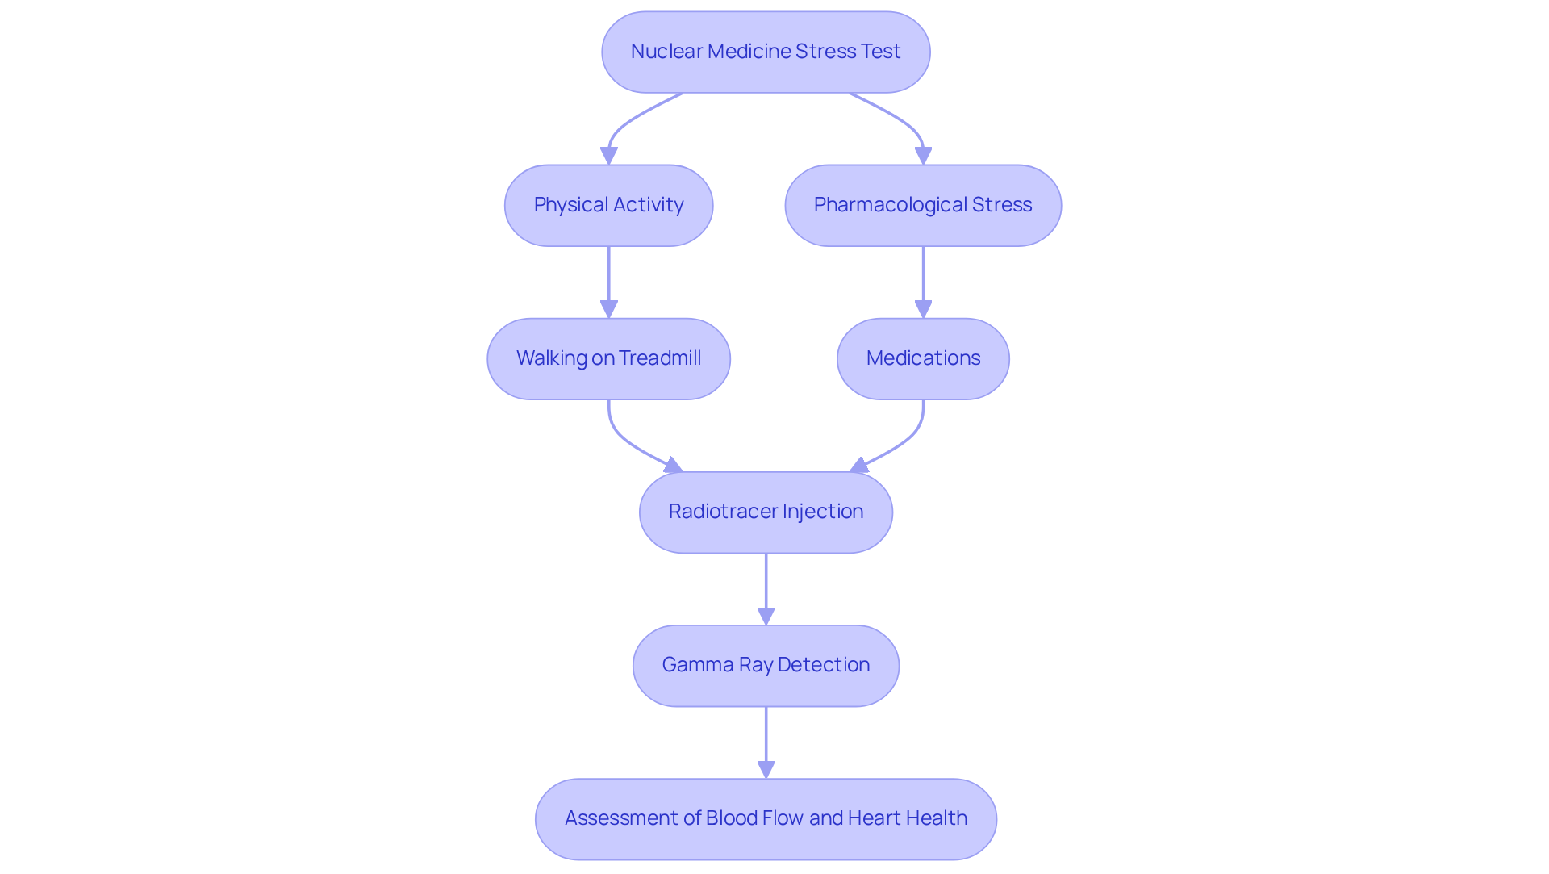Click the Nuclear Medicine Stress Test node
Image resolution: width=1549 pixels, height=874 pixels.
coord(766,52)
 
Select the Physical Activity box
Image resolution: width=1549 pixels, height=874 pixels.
coord(608,205)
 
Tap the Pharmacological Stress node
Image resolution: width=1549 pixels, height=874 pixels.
coord(923,205)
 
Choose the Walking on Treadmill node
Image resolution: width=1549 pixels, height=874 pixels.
coord(608,358)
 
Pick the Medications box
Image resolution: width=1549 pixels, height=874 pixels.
coord(923,358)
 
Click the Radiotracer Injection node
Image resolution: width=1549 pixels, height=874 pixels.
coord(766,512)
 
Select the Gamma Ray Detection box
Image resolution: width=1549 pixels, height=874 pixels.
coord(766,665)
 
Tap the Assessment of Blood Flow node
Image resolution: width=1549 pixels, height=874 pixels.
coord(766,818)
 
